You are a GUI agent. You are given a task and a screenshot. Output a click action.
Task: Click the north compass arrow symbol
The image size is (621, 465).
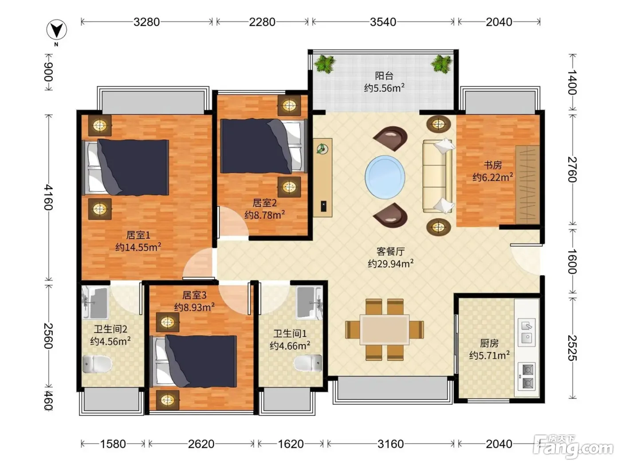click(57, 30)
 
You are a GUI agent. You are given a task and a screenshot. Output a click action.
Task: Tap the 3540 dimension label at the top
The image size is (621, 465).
click(383, 22)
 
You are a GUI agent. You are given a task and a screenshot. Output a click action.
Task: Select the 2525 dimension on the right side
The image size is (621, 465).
click(572, 348)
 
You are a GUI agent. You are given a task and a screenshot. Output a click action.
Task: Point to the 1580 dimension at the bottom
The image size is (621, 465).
click(113, 444)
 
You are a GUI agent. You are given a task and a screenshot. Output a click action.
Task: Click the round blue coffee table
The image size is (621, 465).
click(385, 177)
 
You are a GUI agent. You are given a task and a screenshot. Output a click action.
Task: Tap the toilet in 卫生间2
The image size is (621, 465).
click(97, 364)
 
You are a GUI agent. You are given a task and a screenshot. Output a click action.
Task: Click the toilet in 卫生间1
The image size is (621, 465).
click(308, 363)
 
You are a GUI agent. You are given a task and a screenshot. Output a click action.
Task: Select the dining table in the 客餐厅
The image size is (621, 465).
click(385, 330)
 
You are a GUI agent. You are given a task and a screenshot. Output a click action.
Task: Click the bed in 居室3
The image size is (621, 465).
click(193, 361)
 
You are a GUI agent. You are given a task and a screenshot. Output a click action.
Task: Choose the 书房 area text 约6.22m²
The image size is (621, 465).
click(492, 177)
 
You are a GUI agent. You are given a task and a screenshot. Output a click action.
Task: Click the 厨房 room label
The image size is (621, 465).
click(489, 343)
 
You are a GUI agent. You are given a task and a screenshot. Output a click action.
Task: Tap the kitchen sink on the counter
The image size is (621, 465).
click(527, 332)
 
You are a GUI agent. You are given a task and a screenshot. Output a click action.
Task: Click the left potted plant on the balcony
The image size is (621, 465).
click(325, 64)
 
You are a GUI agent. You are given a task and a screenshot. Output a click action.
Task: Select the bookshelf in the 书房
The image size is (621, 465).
click(527, 185)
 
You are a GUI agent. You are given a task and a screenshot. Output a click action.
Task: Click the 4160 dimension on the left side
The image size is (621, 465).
click(48, 198)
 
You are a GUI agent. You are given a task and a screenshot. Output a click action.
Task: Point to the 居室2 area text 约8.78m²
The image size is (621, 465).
click(264, 215)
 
